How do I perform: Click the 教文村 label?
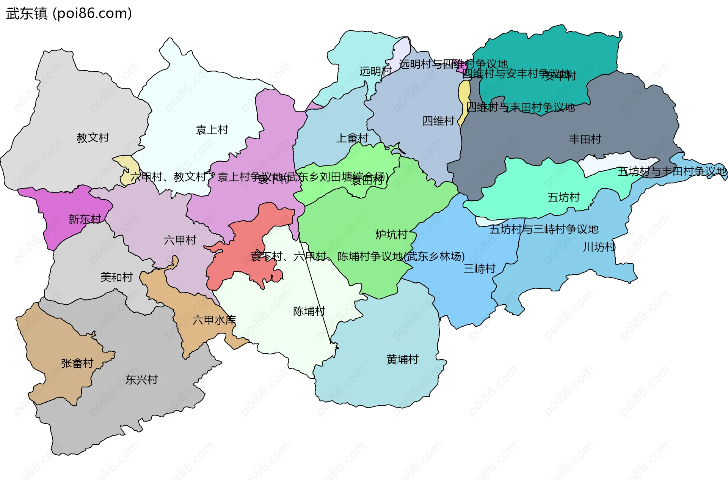click(x=93, y=137)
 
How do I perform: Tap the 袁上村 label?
click(x=212, y=130)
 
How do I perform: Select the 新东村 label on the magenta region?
click(x=85, y=219)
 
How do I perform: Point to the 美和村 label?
click(x=116, y=277)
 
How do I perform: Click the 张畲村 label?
click(x=77, y=363)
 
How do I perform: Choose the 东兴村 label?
click(x=141, y=379)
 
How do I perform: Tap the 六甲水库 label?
click(x=214, y=320)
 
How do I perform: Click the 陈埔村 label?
click(x=309, y=311)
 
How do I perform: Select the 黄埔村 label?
click(x=402, y=359)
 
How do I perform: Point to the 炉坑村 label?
click(x=391, y=234)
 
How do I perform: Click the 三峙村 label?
click(x=479, y=269)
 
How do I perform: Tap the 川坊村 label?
click(x=599, y=247)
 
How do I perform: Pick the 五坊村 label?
click(x=563, y=197)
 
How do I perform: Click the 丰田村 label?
click(x=585, y=139)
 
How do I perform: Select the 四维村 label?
click(x=438, y=121)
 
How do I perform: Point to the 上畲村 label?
click(x=352, y=138)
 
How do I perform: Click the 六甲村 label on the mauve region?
click(x=180, y=240)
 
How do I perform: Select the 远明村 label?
click(x=375, y=71)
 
